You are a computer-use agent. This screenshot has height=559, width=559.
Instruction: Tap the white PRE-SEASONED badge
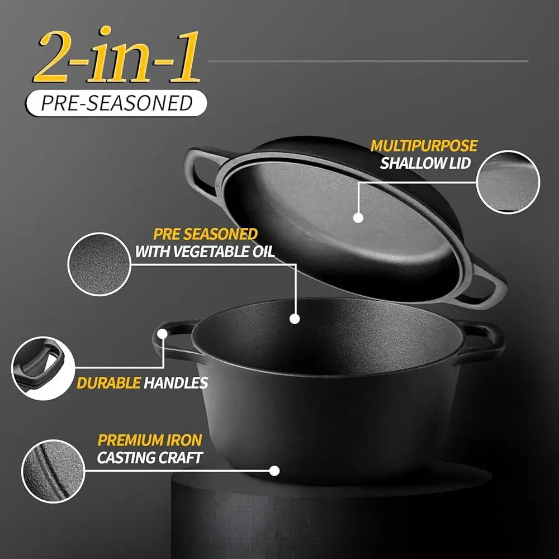pos(116,103)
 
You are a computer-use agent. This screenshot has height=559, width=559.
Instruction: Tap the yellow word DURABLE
pos(108,383)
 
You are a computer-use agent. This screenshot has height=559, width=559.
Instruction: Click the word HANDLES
pos(176,383)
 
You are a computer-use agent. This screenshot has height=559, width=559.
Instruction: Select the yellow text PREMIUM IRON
pos(149,440)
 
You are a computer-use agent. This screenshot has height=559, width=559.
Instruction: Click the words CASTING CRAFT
pos(149,458)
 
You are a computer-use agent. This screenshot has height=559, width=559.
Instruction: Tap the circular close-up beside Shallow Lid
pos(508,182)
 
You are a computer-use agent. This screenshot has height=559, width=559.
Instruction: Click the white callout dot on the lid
pos(358,217)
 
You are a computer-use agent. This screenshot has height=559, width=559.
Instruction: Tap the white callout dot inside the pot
pos(295,319)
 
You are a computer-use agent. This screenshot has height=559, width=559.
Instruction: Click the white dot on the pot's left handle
pos(163,334)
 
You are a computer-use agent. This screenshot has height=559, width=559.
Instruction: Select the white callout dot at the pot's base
pos(274,471)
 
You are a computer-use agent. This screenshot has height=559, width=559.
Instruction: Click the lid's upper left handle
pos(202,168)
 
